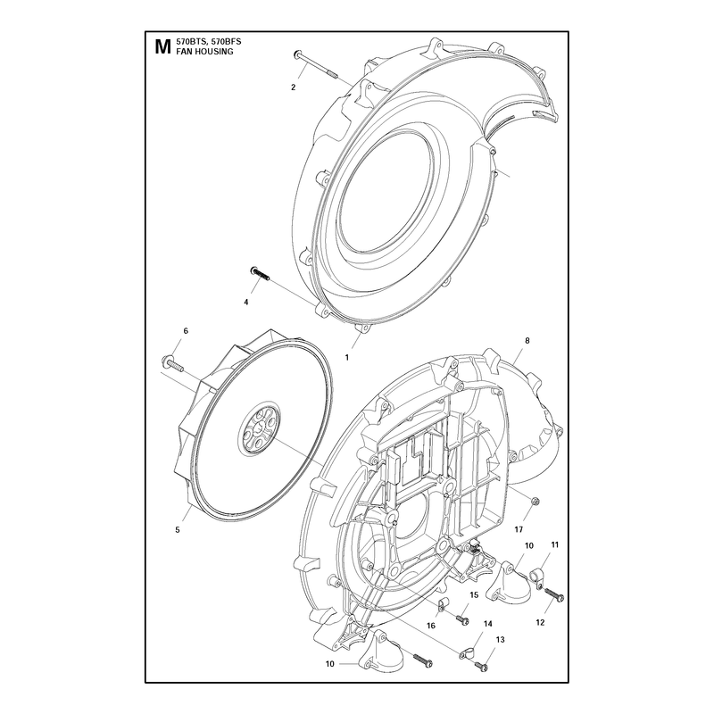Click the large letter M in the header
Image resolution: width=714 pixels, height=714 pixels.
(162, 46)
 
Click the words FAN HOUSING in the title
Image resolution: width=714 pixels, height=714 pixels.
(204, 52)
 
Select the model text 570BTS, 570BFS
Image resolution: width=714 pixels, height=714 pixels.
(209, 41)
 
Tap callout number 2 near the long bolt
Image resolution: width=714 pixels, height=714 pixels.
(294, 87)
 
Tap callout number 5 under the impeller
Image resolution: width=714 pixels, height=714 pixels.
(178, 529)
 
